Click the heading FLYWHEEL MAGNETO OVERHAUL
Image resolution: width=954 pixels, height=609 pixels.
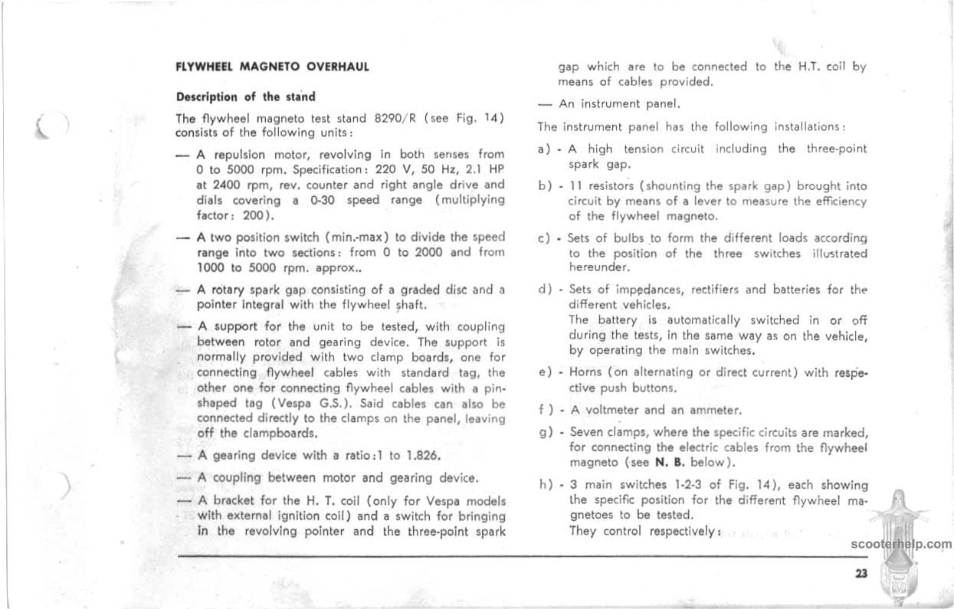click(273, 67)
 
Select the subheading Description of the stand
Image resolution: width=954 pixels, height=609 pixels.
click(246, 97)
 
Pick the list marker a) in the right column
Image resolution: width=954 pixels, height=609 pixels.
click(545, 149)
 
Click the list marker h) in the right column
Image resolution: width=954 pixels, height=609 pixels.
click(545, 485)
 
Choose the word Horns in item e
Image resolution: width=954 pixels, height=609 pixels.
click(588, 373)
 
